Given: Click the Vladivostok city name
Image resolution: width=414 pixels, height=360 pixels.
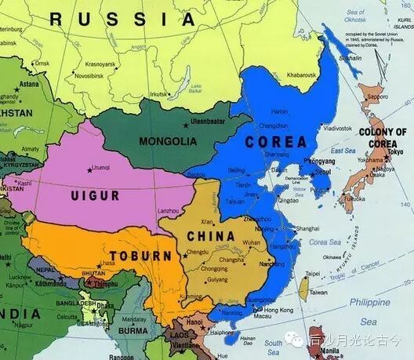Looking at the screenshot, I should tap(337, 127).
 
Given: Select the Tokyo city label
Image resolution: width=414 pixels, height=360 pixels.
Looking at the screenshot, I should tap(395, 151).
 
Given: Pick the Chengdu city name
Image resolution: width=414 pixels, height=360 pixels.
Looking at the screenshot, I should tap(198, 253).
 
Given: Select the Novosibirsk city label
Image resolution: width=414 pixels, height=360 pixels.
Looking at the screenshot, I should tap(93, 75).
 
